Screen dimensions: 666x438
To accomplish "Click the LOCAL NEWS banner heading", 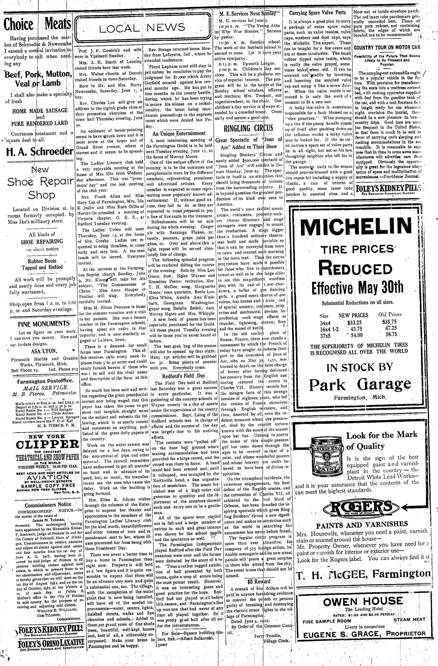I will coord(143,28).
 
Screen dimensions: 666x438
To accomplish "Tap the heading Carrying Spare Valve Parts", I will coord(318,13).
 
